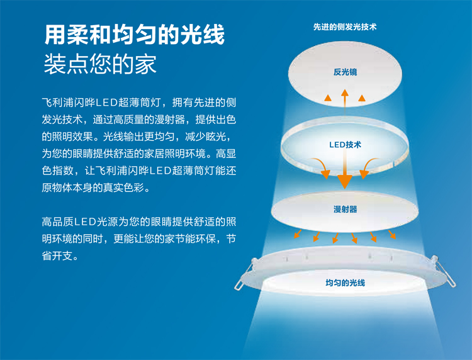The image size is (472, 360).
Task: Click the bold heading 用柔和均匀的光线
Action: pyautogui.click(x=135, y=35)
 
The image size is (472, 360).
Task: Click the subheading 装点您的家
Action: pyautogui.click(x=100, y=64)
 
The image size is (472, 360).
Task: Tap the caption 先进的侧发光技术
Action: pyautogui.click(x=345, y=27)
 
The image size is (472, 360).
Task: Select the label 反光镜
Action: pyautogui.click(x=345, y=72)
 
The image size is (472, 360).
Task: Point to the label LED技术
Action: pyautogui.click(x=345, y=145)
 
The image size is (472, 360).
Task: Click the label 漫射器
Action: pyautogui.click(x=345, y=209)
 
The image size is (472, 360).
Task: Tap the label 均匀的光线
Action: pyautogui.click(x=345, y=283)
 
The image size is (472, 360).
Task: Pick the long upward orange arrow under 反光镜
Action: pyautogui.click(x=345, y=102)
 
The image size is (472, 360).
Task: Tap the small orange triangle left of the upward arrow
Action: pyautogui.click(x=328, y=98)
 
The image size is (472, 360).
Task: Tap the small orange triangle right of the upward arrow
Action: pyautogui.click(x=362, y=98)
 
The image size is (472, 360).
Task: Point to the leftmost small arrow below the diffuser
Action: pyautogui.click(x=298, y=234)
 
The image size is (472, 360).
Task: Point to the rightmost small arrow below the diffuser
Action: pyautogui.click(x=392, y=235)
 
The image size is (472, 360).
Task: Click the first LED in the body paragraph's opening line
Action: pyautogui.click(x=107, y=103)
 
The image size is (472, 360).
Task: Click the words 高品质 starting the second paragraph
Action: pyautogui.click(x=57, y=222)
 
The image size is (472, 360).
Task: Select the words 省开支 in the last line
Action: pyautogui.click(x=57, y=256)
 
